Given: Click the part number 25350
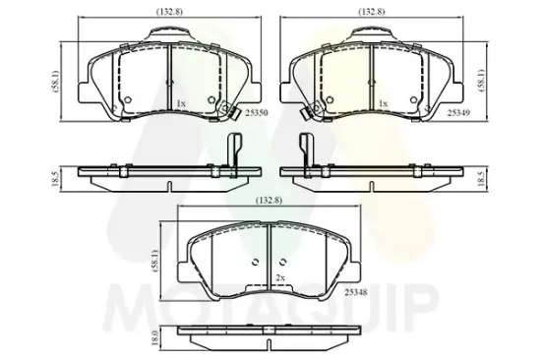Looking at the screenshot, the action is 257,112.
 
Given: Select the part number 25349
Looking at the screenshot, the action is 458,112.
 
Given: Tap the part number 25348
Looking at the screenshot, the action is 356,292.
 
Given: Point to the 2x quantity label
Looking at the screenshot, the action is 280,277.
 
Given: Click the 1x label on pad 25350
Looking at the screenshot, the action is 181,103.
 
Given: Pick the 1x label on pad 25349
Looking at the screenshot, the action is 384,103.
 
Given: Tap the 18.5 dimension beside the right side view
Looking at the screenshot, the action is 482,178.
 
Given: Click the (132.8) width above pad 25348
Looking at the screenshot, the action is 269,200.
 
